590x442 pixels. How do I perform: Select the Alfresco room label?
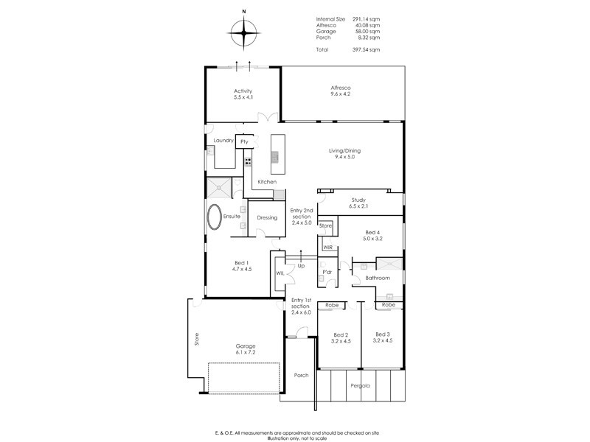pos(340,91)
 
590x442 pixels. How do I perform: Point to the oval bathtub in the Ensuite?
pos(215,217)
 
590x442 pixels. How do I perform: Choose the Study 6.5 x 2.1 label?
pos(358,202)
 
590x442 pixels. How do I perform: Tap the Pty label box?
pos(244,141)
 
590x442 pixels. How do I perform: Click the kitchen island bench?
pos(276,150)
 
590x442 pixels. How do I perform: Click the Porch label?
pos(301,375)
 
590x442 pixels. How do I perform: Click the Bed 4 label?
pos(373,234)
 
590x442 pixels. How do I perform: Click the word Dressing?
pos(267,217)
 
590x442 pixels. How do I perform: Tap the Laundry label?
pos(223,140)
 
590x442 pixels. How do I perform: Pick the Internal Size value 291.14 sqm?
pos(366,19)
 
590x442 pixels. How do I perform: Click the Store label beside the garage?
pos(196,340)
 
